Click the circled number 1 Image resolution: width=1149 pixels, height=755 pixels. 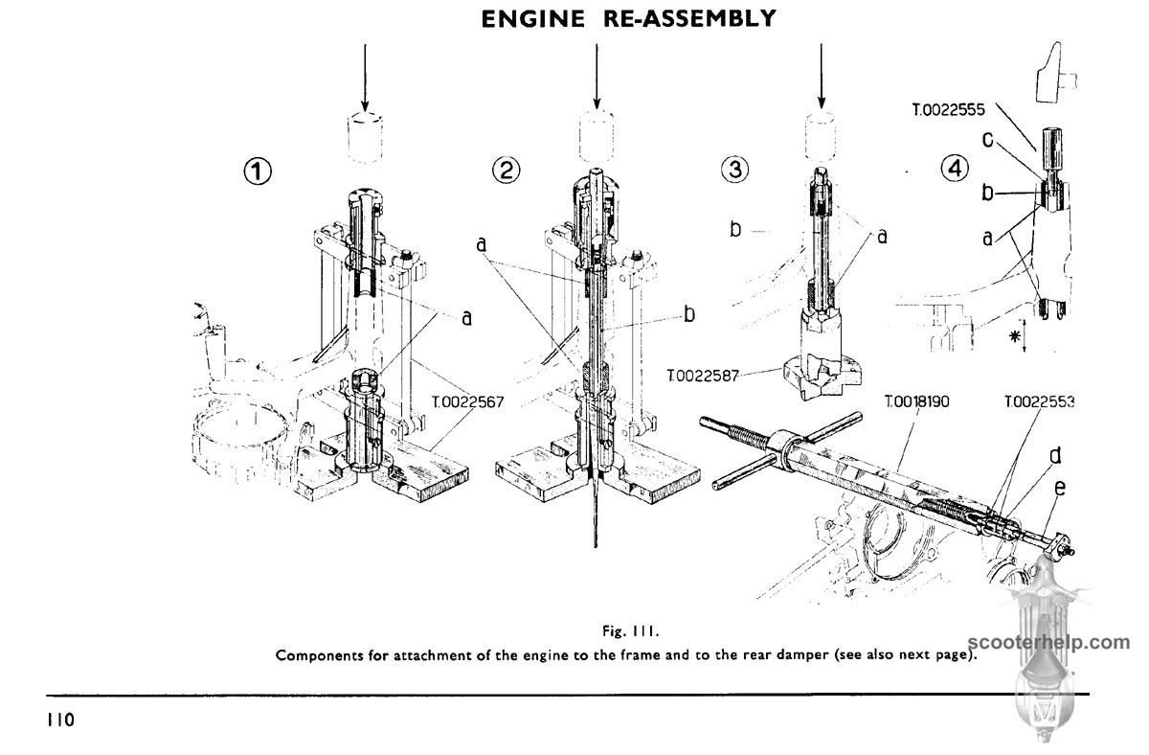pos(256,173)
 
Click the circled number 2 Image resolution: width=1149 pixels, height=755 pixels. pos(507,172)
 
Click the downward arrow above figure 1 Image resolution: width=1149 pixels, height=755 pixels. pos(364,77)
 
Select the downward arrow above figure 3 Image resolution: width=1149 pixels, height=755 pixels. pos(821,77)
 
